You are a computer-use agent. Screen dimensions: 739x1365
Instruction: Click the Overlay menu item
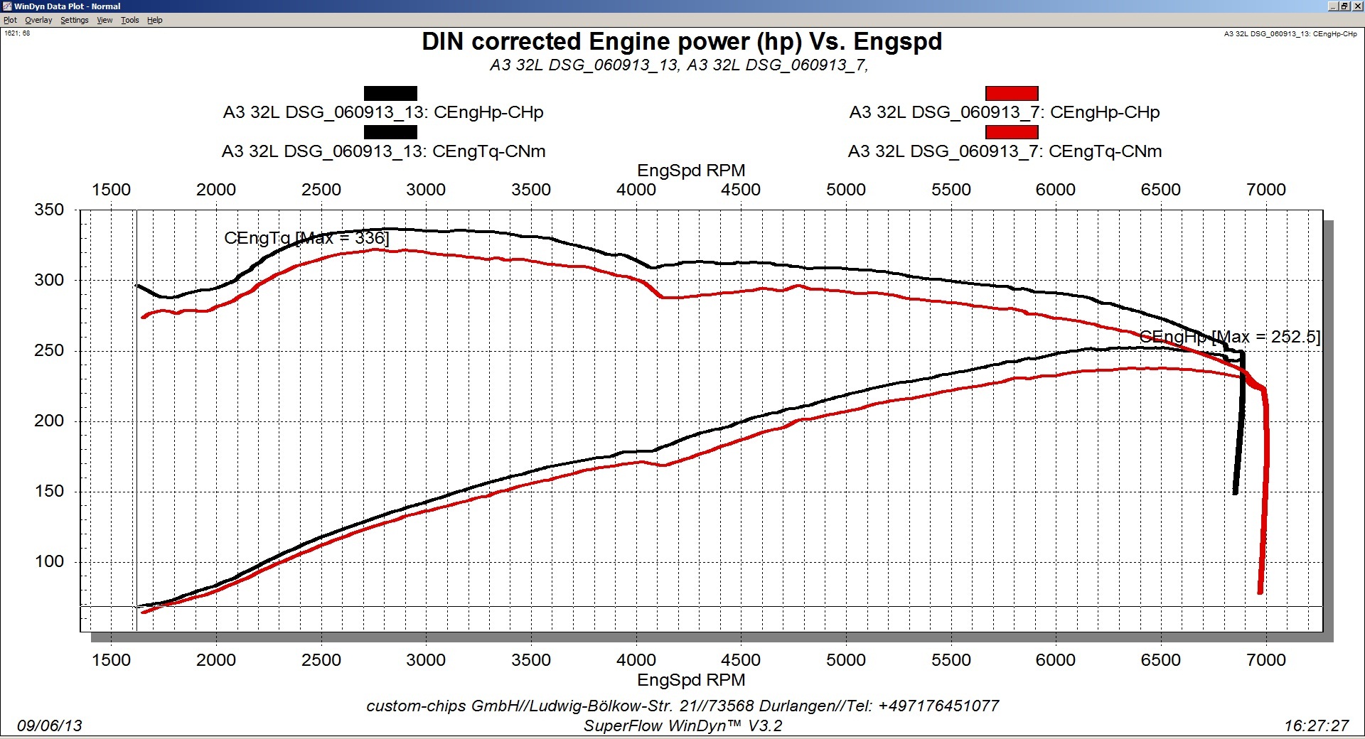tap(38, 20)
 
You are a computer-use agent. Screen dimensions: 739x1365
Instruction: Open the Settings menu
tap(74, 20)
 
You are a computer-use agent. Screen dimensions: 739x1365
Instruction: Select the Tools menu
tap(129, 20)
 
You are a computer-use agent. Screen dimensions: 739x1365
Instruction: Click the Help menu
tap(154, 20)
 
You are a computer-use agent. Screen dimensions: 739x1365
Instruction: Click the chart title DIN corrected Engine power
tap(681, 42)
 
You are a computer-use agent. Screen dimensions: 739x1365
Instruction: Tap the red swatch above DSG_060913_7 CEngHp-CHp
tap(1011, 93)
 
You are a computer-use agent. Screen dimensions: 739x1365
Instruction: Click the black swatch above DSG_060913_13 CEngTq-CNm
tap(390, 132)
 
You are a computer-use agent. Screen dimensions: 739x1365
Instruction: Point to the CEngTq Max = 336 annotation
tap(306, 238)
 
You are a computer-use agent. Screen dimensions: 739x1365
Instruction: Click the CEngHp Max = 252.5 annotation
tap(1229, 337)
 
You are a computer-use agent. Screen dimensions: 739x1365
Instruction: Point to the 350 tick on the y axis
tap(49, 210)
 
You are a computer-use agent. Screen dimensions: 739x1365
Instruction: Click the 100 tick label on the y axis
tap(49, 562)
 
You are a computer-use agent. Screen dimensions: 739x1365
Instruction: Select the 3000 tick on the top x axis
tap(426, 190)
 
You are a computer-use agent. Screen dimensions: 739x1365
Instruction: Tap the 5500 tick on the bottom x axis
tap(951, 660)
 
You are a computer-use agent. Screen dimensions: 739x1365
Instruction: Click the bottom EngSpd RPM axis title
tap(691, 680)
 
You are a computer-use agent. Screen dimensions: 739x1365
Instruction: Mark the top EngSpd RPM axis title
tap(691, 171)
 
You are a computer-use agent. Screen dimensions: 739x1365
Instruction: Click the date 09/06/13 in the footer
tap(50, 725)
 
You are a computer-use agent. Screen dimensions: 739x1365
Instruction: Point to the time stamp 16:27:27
tap(1316, 725)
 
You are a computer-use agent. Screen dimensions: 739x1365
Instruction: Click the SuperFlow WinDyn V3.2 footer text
tap(682, 725)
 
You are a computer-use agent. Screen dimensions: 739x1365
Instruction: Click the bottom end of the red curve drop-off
tap(1260, 591)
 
